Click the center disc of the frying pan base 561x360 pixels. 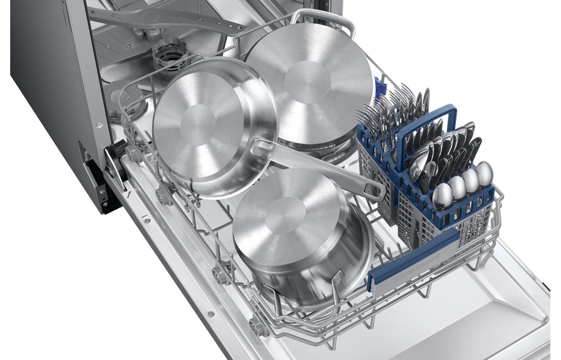coord(198,125)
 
